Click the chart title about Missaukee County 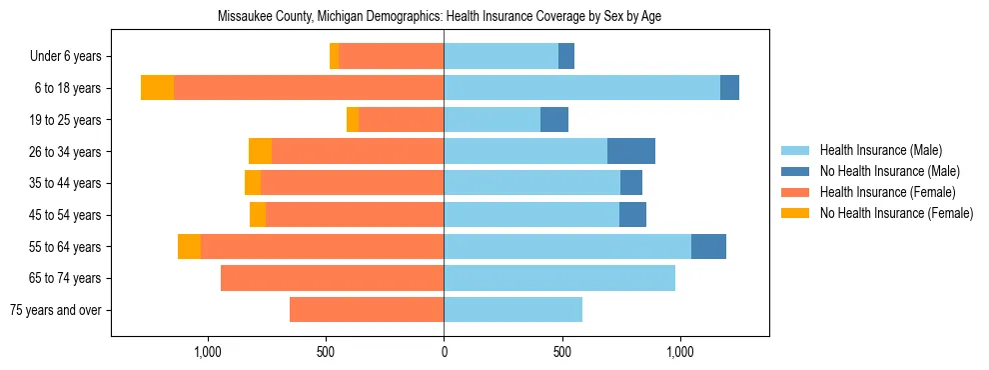[439, 16]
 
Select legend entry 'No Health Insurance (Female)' [896, 213]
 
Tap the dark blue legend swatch [796, 171]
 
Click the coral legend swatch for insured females [796, 192]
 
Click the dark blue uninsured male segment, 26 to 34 [631, 151]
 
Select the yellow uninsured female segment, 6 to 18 [157, 88]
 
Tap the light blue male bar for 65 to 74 [559, 278]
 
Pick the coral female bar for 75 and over [367, 310]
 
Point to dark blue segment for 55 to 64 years [708, 246]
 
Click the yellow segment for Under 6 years [335, 57]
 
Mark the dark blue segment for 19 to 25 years [554, 120]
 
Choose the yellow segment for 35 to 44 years [253, 183]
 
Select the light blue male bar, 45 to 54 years [531, 215]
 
